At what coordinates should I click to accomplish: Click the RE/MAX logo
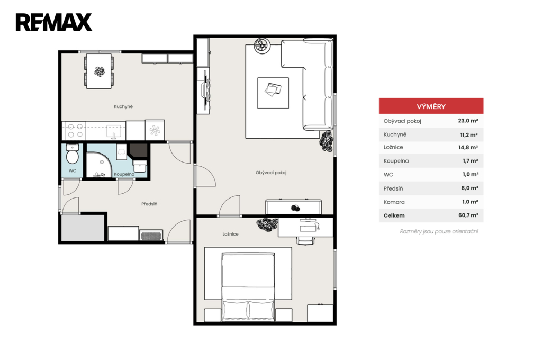click(54, 22)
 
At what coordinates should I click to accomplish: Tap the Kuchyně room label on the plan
click(123, 106)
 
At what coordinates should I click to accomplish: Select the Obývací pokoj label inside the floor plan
click(271, 173)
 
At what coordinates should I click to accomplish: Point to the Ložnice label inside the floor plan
click(230, 234)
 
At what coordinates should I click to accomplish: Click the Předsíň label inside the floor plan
click(149, 204)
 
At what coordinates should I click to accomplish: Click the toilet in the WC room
click(72, 154)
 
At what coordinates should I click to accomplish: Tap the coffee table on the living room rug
click(273, 93)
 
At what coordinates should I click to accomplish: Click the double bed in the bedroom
click(248, 287)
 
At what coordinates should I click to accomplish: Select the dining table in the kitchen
click(99, 71)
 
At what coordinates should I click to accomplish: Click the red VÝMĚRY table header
click(431, 106)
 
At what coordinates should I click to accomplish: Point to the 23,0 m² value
click(468, 121)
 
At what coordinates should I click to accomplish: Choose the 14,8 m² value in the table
click(468, 147)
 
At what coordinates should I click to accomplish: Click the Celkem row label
click(394, 215)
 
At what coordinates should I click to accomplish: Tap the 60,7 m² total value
click(468, 215)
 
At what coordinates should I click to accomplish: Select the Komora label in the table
click(394, 202)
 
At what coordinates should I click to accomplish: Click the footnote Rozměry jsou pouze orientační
click(439, 231)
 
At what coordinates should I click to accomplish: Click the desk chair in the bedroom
click(306, 240)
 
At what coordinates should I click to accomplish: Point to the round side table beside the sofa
click(261, 46)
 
